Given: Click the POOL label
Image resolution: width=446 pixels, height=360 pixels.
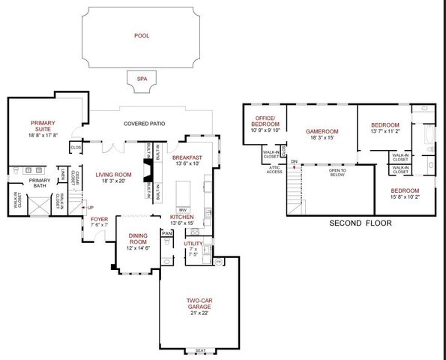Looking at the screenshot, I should tap(142, 35).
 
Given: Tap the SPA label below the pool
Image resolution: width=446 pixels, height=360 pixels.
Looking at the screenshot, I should tap(141, 78).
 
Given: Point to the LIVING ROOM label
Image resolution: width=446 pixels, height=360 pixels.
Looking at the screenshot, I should tap(114, 174).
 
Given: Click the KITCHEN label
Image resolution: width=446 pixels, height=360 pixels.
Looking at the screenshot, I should tap(182, 217).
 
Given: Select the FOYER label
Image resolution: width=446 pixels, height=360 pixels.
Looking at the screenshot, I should tap(100, 219).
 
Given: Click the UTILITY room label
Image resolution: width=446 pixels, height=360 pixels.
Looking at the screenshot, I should tap(194, 243).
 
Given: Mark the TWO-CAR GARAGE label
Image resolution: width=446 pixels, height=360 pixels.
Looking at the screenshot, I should tap(199, 304).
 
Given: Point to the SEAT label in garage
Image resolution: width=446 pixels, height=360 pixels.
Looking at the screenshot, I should tap(200, 351).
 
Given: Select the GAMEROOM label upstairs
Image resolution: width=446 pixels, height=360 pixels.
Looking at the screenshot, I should tap(322, 131).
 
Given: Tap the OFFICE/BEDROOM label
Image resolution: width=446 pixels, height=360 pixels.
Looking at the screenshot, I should tap(265, 121).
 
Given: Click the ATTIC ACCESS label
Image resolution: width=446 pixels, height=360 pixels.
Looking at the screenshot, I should tap(274, 169).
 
